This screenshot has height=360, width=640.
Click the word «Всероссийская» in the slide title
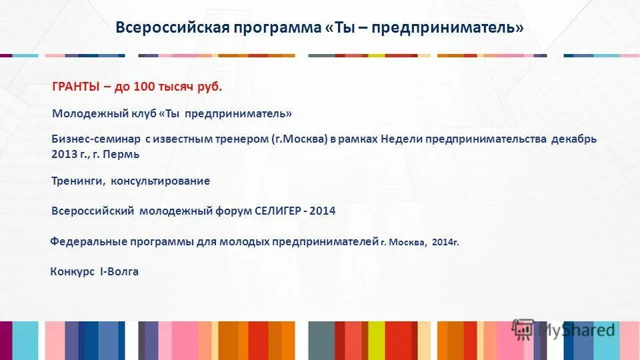click(x=173, y=28)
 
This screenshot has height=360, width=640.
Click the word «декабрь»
click(x=574, y=139)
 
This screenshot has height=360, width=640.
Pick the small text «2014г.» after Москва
click(x=445, y=243)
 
